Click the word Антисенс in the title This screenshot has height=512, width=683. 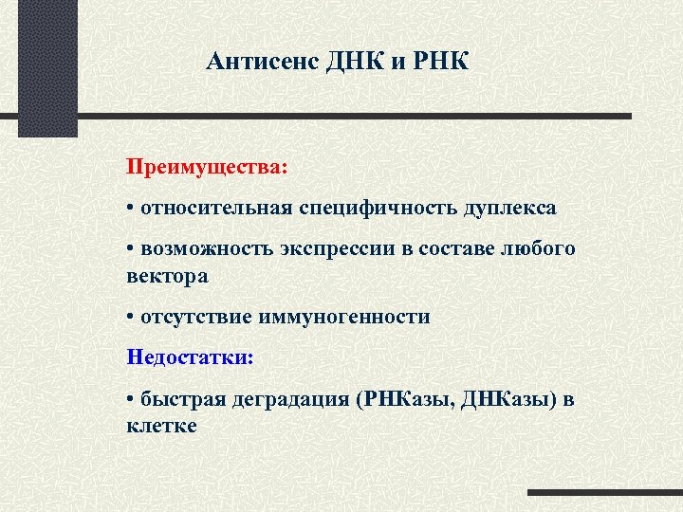click(x=262, y=63)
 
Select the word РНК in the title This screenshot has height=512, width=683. click(x=438, y=63)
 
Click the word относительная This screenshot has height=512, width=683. click(x=217, y=207)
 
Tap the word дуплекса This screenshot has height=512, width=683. click(x=510, y=207)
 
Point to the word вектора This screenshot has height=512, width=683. click(x=166, y=276)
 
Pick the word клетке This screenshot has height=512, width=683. click(x=161, y=426)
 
